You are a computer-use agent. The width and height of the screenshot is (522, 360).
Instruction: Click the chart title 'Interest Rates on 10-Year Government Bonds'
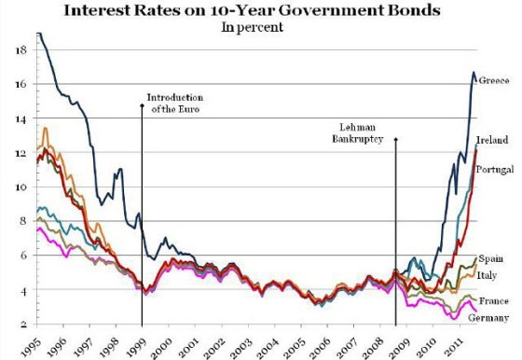260,10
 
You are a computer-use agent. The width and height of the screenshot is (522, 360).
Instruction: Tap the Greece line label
494,81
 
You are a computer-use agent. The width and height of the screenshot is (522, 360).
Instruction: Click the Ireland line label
492,140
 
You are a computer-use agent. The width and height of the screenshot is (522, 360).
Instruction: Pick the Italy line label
490,275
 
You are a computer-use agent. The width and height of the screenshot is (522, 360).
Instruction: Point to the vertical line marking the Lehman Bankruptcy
396,233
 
